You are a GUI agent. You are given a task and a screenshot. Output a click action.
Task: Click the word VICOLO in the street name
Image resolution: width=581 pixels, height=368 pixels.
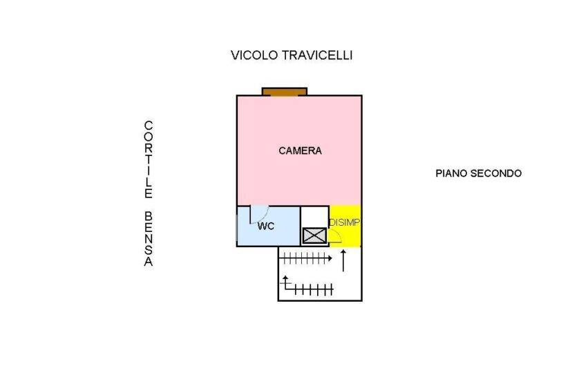coord(254,55)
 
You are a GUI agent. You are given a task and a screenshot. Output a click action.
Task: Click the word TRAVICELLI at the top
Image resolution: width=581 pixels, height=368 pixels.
coord(317,55)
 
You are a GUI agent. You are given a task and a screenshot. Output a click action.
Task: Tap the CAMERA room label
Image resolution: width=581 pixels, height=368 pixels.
coord(300,151)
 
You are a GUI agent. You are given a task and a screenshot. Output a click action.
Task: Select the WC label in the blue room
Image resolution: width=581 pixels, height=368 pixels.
coord(266,226)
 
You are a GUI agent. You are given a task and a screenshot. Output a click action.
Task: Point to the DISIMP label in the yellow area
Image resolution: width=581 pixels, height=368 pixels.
coord(345,222)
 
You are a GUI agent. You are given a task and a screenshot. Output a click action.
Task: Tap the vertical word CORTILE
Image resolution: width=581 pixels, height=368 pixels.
coord(149,159)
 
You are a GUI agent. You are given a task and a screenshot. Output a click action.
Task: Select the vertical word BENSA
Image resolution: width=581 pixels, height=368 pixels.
coord(149,239)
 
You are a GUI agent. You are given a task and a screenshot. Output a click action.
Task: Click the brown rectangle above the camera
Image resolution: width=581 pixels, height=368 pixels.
coord(285,92)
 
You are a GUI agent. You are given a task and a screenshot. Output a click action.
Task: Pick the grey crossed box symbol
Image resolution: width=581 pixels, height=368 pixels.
coord(314,235)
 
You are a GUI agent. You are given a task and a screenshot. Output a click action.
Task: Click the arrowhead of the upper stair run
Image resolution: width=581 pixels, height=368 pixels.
coord(330,258)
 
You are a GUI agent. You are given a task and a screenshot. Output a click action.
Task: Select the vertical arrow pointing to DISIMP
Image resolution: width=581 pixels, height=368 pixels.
coord(343,260)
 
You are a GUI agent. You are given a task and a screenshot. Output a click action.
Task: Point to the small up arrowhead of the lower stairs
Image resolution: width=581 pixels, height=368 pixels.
coord(285,278)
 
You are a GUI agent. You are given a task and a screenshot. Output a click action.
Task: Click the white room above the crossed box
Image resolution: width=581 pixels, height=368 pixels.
coord(314,217)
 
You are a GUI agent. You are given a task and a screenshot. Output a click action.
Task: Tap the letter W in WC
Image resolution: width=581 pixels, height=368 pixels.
coord(262,226)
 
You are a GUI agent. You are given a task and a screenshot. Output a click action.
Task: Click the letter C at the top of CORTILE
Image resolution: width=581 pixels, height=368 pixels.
coord(149,125)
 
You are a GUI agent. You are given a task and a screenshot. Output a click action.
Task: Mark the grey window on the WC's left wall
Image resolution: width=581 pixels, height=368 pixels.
coord(237,226)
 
